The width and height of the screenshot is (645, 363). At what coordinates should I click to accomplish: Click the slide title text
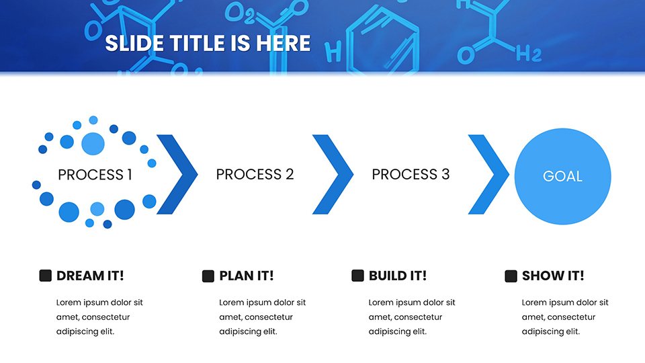pyautogui.click(x=208, y=43)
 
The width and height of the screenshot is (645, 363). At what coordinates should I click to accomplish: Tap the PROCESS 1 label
pyautogui.click(x=95, y=175)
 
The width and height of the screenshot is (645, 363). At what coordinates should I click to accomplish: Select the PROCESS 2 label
pyautogui.click(x=255, y=175)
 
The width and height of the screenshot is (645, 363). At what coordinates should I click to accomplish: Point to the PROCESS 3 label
pyautogui.click(x=411, y=175)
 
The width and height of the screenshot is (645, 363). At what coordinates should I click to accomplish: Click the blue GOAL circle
pyautogui.click(x=563, y=176)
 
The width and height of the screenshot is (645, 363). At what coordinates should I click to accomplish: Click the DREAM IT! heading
pyautogui.click(x=90, y=276)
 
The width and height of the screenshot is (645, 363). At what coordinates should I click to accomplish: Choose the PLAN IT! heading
pyautogui.click(x=247, y=276)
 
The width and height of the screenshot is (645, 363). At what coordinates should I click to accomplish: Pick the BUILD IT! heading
pyautogui.click(x=397, y=276)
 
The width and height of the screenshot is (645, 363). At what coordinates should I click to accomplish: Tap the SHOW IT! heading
pyautogui.click(x=553, y=276)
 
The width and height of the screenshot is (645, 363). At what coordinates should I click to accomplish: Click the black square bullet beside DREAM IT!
pyautogui.click(x=45, y=276)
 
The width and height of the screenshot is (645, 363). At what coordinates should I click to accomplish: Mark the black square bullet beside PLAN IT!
pyautogui.click(x=208, y=276)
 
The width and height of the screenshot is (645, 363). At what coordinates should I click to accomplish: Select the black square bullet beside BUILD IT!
pyautogui.click(x=358, y=276)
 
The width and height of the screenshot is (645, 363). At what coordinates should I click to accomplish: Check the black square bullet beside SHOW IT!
pyautogui.click(x=511, y=276)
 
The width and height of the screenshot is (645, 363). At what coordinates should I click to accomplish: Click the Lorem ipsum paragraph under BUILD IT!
pyautogui.click(x=412, y=317)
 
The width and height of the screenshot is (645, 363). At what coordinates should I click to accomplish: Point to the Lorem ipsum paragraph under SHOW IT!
pyautogui.click(x=565, y=317)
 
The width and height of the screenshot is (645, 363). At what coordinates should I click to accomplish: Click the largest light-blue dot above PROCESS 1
pyautogui.click(x=93, y=144)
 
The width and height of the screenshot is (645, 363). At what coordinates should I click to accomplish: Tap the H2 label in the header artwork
pyautogui.click(x=529, y=54)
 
